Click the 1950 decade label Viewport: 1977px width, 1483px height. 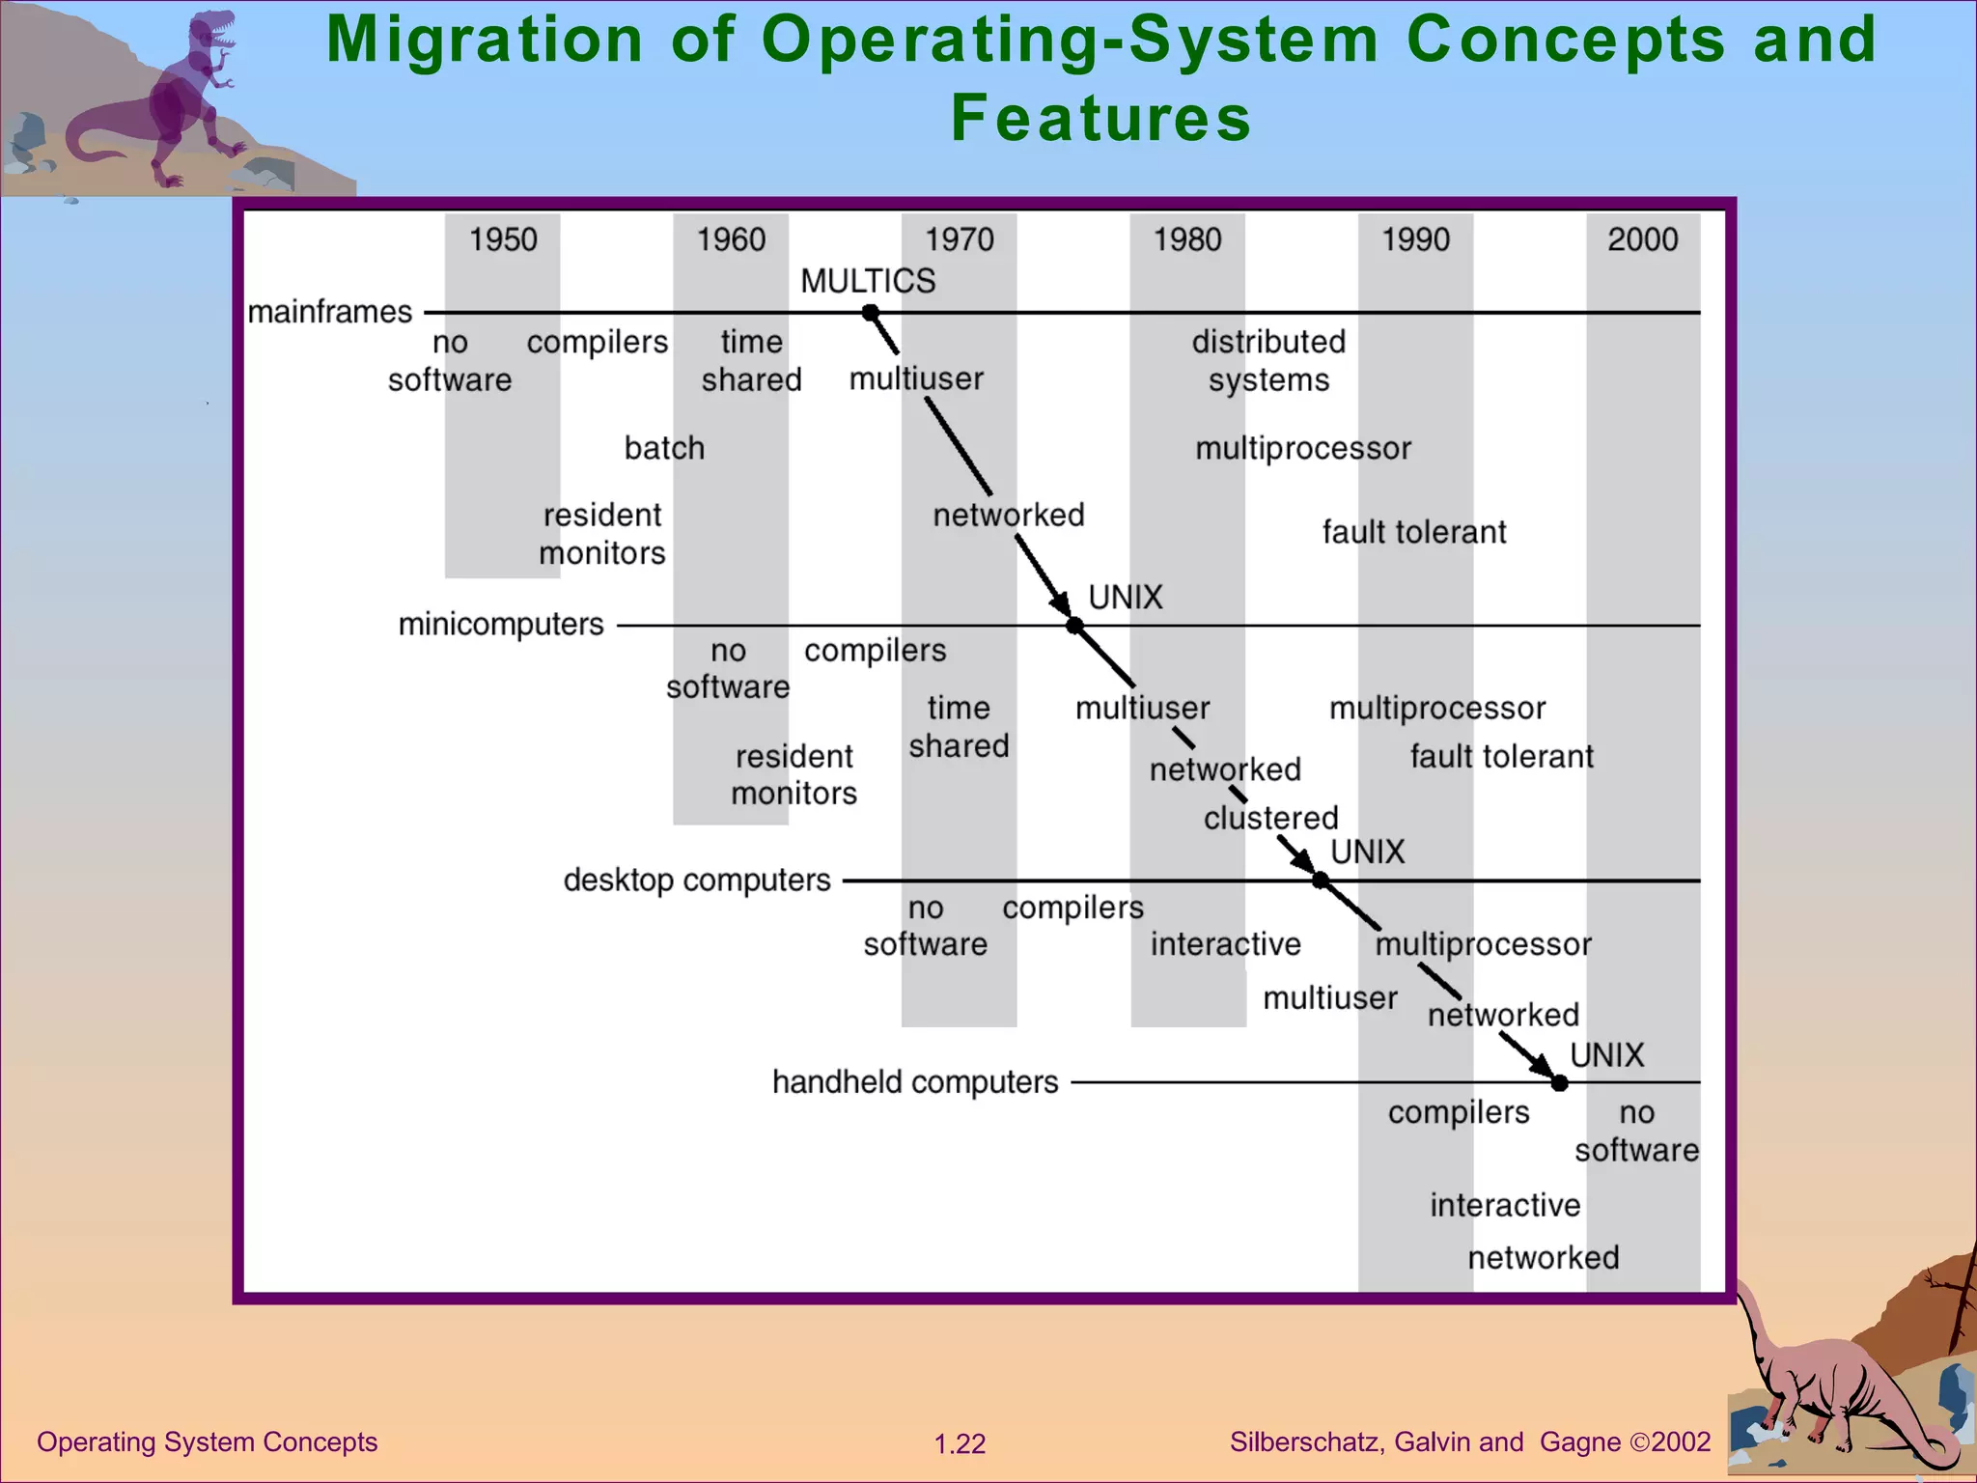click(503, 239)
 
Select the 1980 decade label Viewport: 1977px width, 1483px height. click(1187, 239)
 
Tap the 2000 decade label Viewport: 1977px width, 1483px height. click(1642, 239)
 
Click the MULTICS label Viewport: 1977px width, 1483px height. click(868, 281)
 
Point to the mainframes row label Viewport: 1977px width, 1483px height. click(330, 312)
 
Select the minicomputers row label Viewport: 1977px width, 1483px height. click(501, 625)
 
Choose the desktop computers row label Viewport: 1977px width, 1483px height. click(697, 881)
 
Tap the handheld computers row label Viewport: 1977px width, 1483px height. click(915, 1082)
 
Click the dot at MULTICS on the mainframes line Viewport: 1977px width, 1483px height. click(870, 313)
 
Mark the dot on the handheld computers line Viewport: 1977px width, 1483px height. click(1559, 1083)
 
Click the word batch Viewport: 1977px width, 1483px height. click(664, 448)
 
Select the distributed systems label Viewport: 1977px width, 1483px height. click(1268, 360)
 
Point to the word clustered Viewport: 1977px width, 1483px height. click(1270, 818)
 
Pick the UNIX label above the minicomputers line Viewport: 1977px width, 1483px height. click(1126, 598)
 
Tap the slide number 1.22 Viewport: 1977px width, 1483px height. click(960, 1444)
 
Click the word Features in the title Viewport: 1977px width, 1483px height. click(1100, 118)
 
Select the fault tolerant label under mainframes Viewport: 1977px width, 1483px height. click(1413, 532)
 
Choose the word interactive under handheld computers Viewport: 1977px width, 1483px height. click(1505, 1205)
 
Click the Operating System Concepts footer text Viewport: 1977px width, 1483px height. click(207, 1442)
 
